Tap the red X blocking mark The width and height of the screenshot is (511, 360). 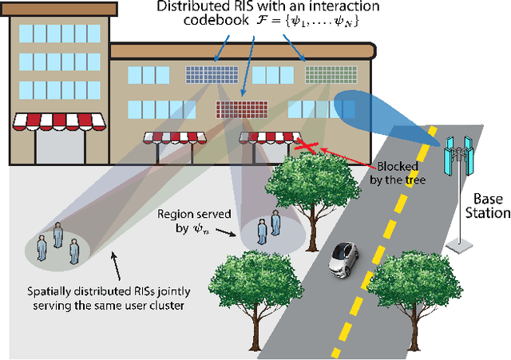(x=308, y=146)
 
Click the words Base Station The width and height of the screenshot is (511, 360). (x=488, y=205)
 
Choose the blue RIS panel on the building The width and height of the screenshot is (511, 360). (x=206, y=73)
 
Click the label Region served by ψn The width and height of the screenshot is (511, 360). (x=188, y=221)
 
